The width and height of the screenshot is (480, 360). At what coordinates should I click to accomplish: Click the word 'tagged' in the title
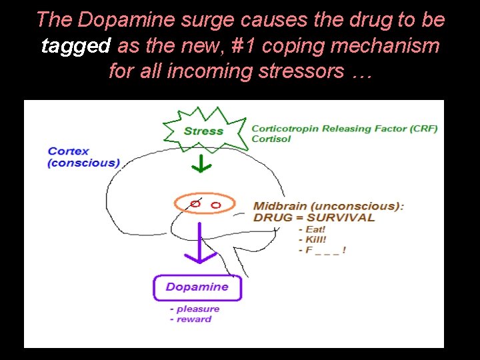(75, 46)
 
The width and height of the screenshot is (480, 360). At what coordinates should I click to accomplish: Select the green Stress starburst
(203, 130)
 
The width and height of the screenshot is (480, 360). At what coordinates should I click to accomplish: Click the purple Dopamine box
(197, 287)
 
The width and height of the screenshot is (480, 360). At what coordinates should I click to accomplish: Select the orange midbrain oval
(205, 203)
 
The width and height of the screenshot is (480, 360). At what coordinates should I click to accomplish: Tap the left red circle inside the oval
(195, 203)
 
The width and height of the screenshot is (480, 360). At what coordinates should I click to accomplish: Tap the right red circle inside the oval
(215, 205)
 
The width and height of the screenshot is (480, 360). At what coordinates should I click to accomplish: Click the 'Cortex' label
(69, 151)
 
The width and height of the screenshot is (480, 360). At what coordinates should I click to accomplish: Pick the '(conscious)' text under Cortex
(83, 163)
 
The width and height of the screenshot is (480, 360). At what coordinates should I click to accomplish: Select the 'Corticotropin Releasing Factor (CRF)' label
(344, 129)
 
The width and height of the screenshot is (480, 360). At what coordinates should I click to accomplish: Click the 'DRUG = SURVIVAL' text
(314, 217)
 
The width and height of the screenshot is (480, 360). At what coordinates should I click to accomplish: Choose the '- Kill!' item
(313, 239)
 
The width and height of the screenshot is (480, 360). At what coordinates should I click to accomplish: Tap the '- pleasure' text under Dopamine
(195, 309)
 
